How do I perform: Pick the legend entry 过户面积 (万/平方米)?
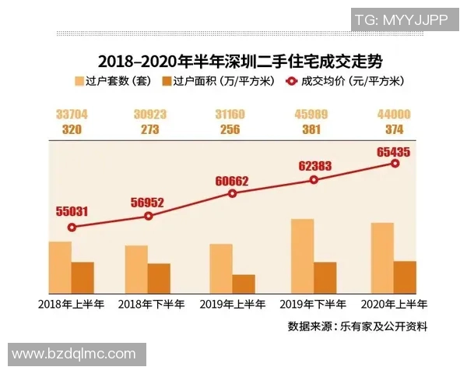(215, 81)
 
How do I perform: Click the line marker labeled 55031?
(72, 228)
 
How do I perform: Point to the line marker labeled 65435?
(395, 164)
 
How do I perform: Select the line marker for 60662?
(233, 193)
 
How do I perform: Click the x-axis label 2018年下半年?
(150, 304)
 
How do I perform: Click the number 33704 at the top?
(72, 115)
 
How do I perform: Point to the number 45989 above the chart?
(311, 115)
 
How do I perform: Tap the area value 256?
(230, 130)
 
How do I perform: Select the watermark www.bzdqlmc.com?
(75, 355)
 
